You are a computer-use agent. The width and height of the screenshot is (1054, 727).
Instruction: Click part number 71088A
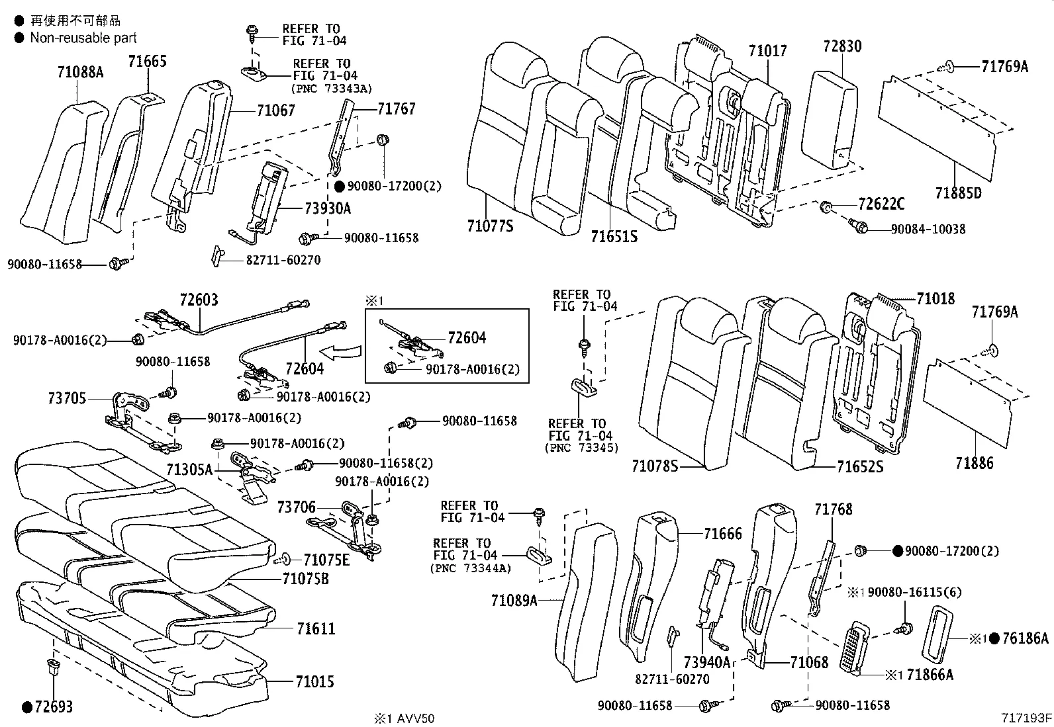pos(81,72)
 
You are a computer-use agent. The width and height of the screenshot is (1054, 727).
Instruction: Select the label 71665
pos(147,62)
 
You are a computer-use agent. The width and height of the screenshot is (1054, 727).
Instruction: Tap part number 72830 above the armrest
pos(842,46)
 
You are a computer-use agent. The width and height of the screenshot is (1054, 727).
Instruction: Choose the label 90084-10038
pos(928,229)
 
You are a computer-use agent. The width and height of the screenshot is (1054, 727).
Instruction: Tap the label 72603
pos(199,300)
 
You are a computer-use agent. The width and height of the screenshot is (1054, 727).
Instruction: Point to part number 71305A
pos(189,470)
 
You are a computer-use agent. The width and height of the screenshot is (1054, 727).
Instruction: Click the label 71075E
pos(326,560)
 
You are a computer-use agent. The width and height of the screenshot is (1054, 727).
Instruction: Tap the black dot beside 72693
pos(27,707)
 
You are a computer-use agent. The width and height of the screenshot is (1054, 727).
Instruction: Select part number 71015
pos(315,681)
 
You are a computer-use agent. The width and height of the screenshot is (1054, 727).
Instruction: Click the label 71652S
pos(859,467)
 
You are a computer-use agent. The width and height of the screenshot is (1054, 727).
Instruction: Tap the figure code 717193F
pos(1026,717)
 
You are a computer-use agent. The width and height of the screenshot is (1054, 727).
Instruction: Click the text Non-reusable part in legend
pos(83,38)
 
